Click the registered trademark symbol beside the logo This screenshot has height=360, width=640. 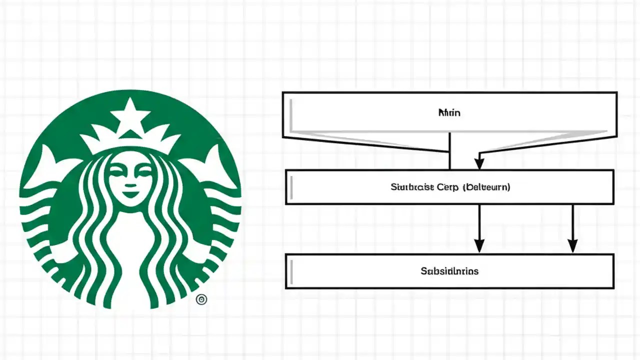(201, 299)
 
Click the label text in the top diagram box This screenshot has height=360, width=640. (449, 113)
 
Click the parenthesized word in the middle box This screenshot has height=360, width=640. (486, 187)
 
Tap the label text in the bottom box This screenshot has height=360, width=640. (449, 271)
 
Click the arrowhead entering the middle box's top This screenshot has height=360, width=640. (479, 163)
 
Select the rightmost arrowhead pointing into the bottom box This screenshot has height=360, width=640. (573, 245)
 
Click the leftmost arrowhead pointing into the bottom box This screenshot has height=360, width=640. (479, 245)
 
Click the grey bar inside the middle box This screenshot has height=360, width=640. (291, 187)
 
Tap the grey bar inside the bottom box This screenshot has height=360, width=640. (291, 271)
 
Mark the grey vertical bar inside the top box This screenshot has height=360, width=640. (290, 112)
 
